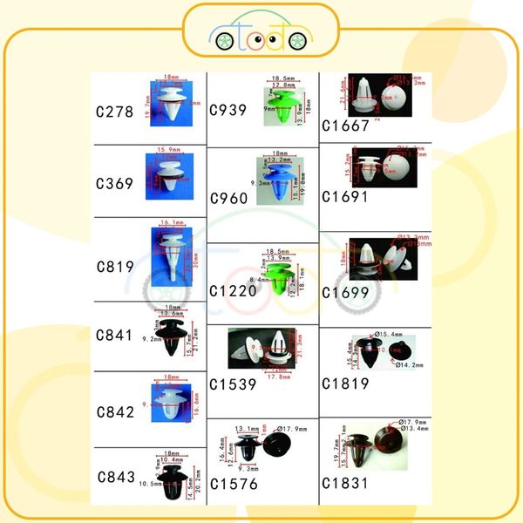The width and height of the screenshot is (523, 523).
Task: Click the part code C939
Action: [x=231, y=110]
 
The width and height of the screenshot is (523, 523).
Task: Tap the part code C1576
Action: [x=234, y=484]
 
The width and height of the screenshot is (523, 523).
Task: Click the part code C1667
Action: [x=345, y=125]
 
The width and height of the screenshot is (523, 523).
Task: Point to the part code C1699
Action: [x=345, y=292]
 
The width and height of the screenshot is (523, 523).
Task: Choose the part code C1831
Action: [x=345, y=482]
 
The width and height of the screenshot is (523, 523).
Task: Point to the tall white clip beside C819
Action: [x=173, y=255]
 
